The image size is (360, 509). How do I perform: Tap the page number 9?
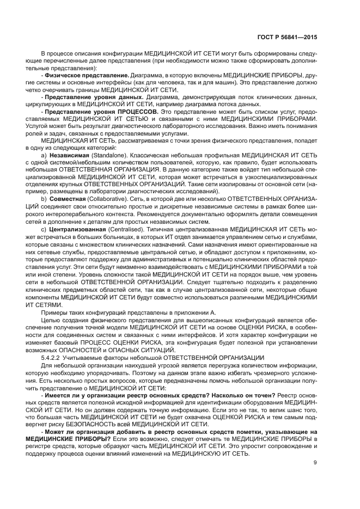(315, 463)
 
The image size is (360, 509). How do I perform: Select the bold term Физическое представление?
(79, 75)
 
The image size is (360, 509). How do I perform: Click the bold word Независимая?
(69, 155)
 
